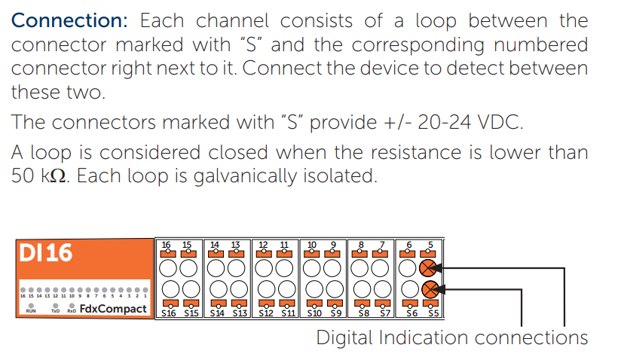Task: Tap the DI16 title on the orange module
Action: point(45,252)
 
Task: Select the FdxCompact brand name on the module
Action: point(113,308)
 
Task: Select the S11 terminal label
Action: point(283,312)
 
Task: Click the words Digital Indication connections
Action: point(451,337)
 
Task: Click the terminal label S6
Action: point(411,312)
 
